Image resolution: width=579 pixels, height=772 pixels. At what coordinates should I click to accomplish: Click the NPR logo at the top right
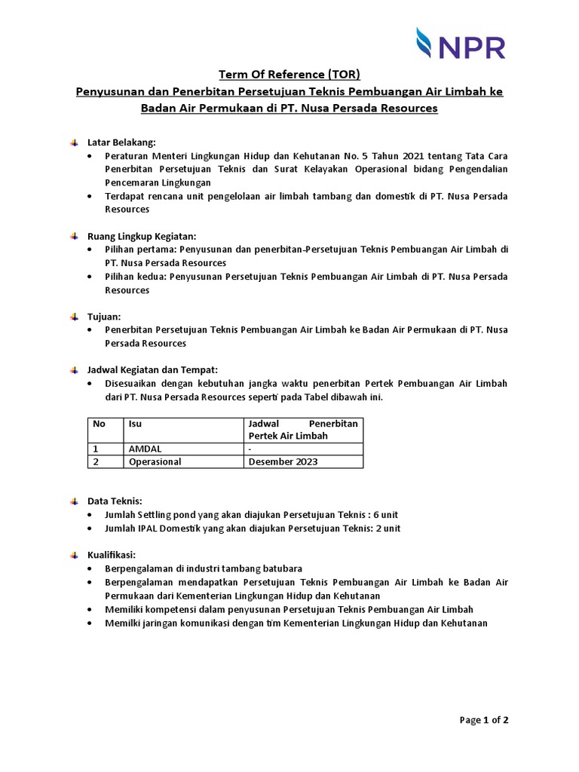tap(461, 43)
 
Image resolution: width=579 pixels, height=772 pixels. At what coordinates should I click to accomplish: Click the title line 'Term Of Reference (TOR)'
tap(289, 74)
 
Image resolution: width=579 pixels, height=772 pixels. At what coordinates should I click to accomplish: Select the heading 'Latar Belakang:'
tap(121, 142)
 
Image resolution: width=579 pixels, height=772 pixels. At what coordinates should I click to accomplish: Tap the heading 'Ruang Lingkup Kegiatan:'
tap(142, 236)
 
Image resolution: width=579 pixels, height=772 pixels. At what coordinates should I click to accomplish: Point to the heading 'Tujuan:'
tap(104, 317)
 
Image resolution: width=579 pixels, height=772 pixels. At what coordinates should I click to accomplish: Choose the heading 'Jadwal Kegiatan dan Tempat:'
tap(152, 369)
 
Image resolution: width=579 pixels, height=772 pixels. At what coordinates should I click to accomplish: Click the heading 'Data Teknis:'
tap(115, 501)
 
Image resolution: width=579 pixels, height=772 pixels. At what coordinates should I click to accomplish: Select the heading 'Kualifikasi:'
tap(112, 555)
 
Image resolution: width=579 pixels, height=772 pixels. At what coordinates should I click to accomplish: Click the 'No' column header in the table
tap(99, 424)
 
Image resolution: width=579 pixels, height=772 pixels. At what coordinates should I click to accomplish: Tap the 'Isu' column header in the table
tap(136, 424)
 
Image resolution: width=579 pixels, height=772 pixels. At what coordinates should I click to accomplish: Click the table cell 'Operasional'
tap(155, 461)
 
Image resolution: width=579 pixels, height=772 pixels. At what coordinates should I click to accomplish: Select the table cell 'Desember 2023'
tap(283, 461)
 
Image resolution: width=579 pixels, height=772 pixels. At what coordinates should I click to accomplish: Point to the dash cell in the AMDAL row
tap(250, 449)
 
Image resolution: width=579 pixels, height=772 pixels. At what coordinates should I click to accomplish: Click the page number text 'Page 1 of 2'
tap(484, 720)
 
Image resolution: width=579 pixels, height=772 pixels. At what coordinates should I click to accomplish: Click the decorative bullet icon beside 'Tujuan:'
tap(74, 317)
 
